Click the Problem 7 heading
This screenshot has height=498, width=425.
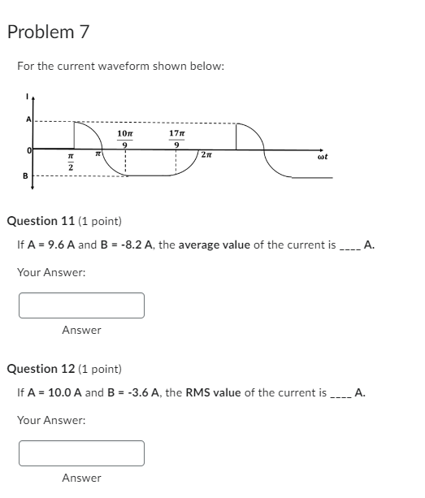pyautogui.click(x=48, y=32)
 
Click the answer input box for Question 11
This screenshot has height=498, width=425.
pyautogui.click(x=82, y=305)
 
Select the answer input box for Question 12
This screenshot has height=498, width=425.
pyautogui.click(x=82, y=453)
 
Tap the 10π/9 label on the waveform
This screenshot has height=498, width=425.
pyautogui.click(x=125, y=138)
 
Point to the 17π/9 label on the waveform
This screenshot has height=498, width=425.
pyautogui.click(x=176, y=138)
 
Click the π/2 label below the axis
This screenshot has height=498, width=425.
pyautogui.click(x=71, y=162)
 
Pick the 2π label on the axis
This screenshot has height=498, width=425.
pyautogui.click(x=208, y=155)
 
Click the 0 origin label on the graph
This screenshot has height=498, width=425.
pyautogui.click(x=28, y=150)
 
